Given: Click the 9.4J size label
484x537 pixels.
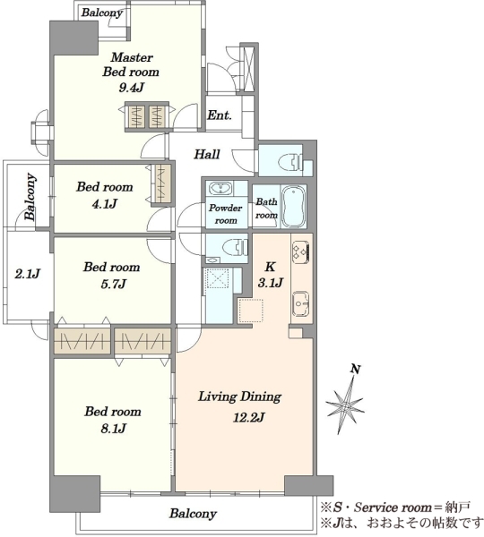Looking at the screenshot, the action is (131, 88).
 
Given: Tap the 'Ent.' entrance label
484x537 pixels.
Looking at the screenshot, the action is (220, 115).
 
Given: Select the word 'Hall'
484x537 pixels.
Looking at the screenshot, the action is (207, 155).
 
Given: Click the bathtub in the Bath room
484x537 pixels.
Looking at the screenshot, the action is (293, 207).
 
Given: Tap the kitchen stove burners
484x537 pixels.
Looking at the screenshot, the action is (300, 251).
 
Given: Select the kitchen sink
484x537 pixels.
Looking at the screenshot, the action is (301, 303).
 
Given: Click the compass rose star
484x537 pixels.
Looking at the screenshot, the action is (345, 405).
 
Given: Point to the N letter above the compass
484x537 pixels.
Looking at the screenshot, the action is (356, 369).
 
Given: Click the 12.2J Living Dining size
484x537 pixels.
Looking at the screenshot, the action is (248, 417).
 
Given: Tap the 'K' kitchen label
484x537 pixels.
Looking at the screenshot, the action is (270, 267).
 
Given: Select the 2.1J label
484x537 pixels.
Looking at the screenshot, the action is (28, 274).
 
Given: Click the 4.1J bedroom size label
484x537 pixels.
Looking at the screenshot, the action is (105, 204).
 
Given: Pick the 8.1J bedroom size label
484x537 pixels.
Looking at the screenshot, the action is (113, 428).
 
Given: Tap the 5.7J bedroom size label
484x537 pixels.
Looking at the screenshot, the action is (113, 284).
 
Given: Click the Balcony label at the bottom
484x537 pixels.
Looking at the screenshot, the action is (193, 514).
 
